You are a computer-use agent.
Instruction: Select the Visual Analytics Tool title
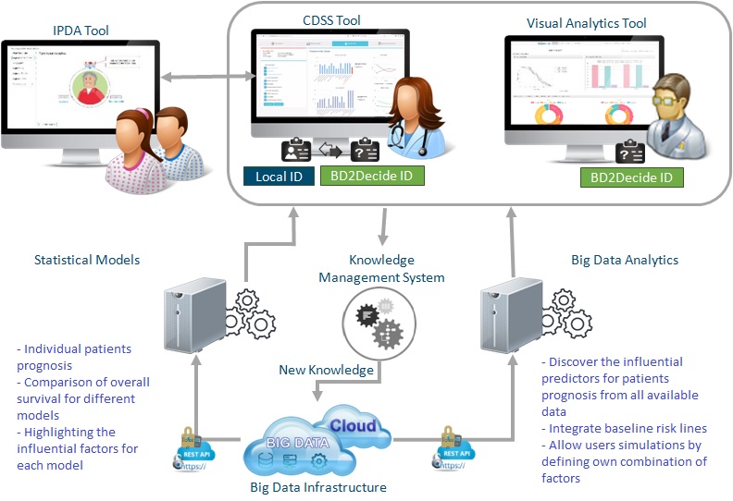click(x=587, y=22)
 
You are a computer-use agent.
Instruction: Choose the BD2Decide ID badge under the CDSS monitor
click(x=372, y=176)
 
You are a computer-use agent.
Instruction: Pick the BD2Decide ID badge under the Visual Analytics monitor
click(x=632, y=177)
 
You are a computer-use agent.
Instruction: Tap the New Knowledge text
click(x=327, y=371)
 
